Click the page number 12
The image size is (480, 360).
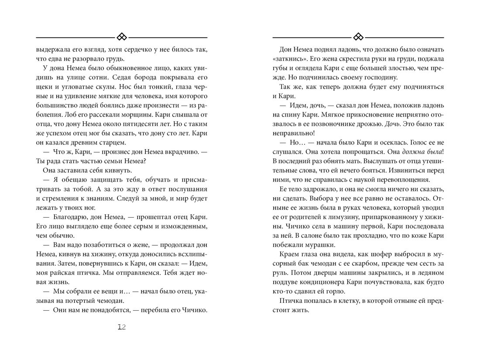122,328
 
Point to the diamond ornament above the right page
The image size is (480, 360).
358,36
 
